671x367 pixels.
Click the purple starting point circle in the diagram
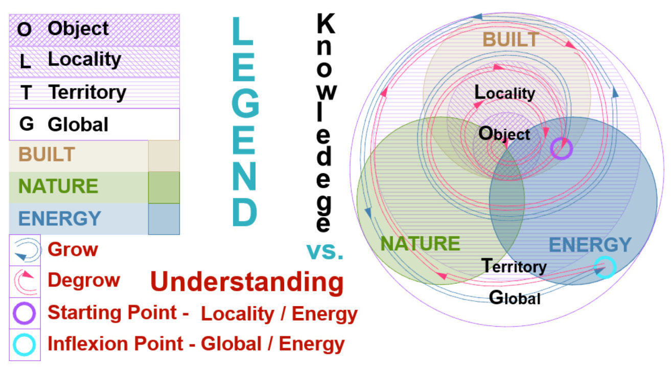tap(561, 149)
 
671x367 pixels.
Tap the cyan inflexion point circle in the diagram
tap(605, 267)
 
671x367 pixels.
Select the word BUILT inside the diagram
tap(511, 40)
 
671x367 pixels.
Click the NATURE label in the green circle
tap(420, 244)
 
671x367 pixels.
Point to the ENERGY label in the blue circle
tap(590, 245)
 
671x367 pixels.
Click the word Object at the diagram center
tap(504, 134)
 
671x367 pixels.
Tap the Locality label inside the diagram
tap(504, 93)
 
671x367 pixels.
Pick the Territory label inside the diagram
tap(514, 266)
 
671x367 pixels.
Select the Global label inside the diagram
tap(515, 297)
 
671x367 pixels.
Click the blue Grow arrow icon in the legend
tap(25, 250)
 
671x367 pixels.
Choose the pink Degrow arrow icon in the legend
tap(25, 281)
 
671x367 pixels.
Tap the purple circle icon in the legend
tap(25, 313)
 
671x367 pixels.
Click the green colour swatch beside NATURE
tap(164, 187)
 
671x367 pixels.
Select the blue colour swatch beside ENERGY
tap(164, 219)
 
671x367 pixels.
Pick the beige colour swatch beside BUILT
tap(164, 155)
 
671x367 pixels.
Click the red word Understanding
tap(247, 282)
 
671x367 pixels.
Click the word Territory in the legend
tap(87, 93)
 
